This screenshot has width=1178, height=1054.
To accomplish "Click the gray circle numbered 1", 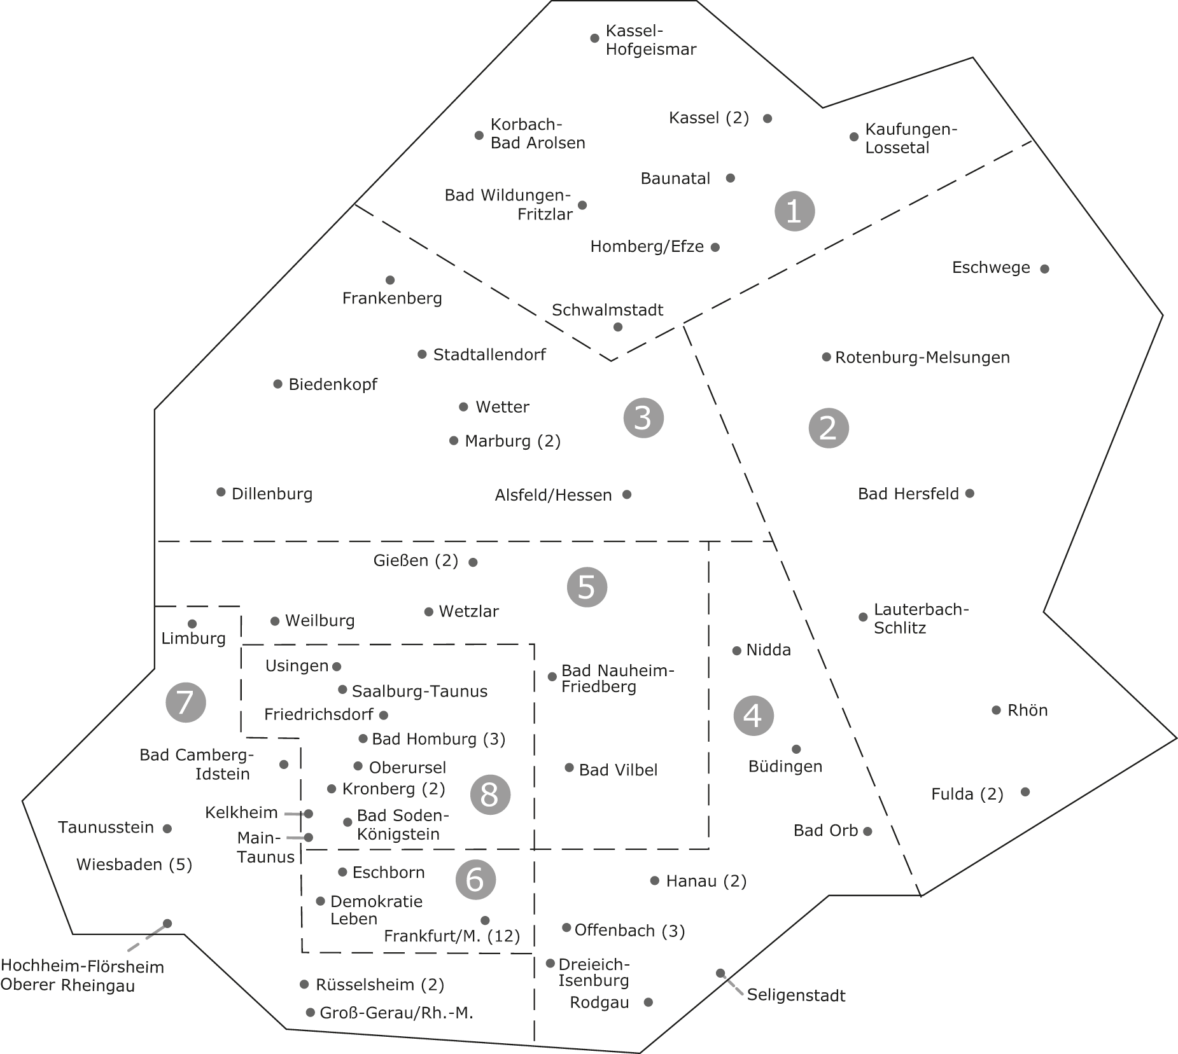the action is (794, 211).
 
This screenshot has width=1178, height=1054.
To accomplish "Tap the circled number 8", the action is (490, 794).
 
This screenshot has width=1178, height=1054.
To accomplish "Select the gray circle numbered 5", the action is (587, 587).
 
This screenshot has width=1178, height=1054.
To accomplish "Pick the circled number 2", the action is (829, 428).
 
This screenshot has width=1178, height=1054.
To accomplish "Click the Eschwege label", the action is (991, 268).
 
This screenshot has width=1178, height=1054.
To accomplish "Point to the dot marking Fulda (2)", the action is (1025, 792).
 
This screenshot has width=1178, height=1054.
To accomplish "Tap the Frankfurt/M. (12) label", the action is (452, 936).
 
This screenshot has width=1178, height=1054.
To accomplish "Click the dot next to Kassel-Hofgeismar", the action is (594, 38).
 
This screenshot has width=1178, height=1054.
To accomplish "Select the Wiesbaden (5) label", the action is (134, 864).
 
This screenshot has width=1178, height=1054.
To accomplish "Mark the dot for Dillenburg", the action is (221, 492).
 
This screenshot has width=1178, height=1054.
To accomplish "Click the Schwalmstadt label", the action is (607, 310).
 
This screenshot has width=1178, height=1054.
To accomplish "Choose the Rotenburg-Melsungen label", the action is (922, 357).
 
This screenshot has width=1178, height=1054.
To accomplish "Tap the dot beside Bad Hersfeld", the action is (969, 493).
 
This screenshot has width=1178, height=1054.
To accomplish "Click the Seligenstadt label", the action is (796, 995).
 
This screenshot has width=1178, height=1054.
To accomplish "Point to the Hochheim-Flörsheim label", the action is (82, 967).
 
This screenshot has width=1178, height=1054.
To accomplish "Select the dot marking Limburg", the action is (192, 624).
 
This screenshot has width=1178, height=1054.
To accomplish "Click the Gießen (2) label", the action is (416, 561).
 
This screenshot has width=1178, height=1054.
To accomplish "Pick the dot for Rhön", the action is (996, 710).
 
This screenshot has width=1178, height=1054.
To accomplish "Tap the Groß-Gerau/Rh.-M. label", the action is (396, 1013).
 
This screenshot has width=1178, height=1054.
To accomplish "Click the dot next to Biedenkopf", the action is (277, 384).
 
